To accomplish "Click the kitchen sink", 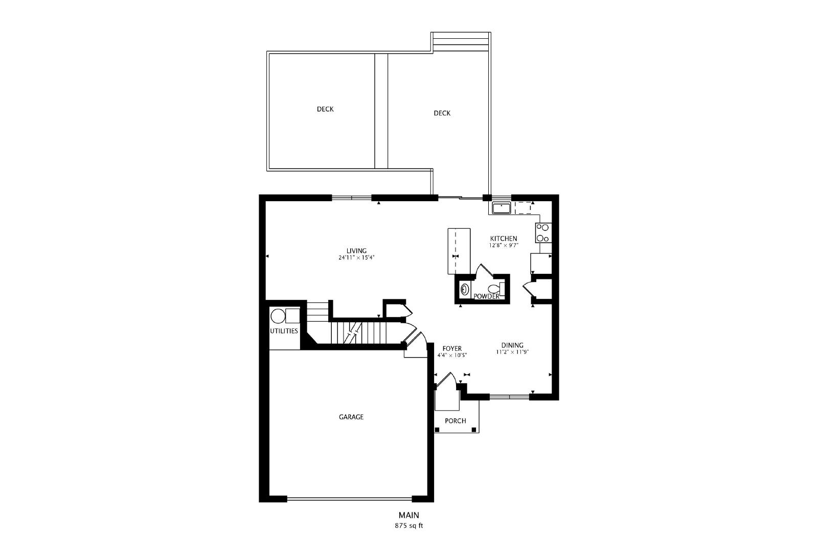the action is [502, 208].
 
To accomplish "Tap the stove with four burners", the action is [543, 233].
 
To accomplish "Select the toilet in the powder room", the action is [496, 289].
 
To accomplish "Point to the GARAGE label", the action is [351, 417].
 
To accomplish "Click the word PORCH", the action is [456, 421].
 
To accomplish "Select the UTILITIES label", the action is [284, 331].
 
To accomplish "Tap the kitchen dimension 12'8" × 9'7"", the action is [504, 246].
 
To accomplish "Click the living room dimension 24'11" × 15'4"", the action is [356, 257].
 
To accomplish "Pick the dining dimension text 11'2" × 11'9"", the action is [512, 352].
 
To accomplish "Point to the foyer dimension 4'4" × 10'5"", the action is [452, 355].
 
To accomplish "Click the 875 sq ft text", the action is [408, 526].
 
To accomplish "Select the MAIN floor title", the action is [408, 515].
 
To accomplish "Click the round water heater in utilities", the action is [278, 316].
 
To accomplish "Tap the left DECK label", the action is [325, 109].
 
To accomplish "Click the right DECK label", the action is [442, 113].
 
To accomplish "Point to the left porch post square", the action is [437, 430].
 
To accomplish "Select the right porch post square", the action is [474, 430].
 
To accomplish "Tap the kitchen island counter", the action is [459, 251].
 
